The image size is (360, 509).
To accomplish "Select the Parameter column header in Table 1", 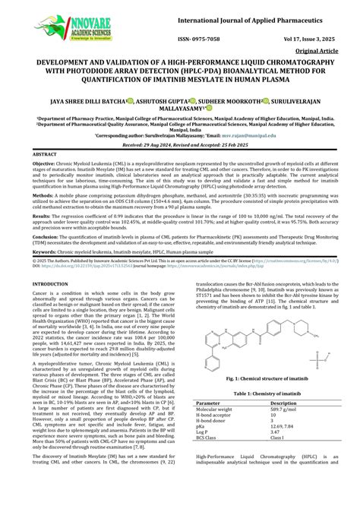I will click(x=209, y=403).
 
